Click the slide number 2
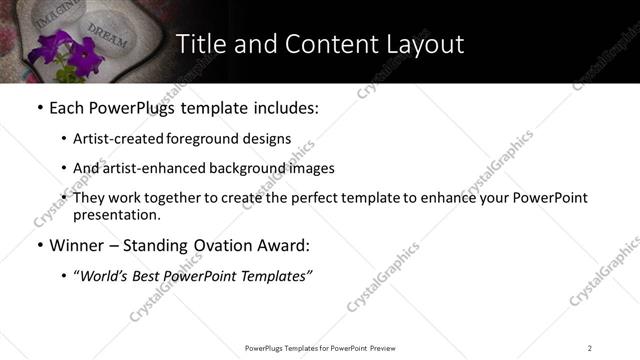pos(589,348)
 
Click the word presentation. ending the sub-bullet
pos(116,214)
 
